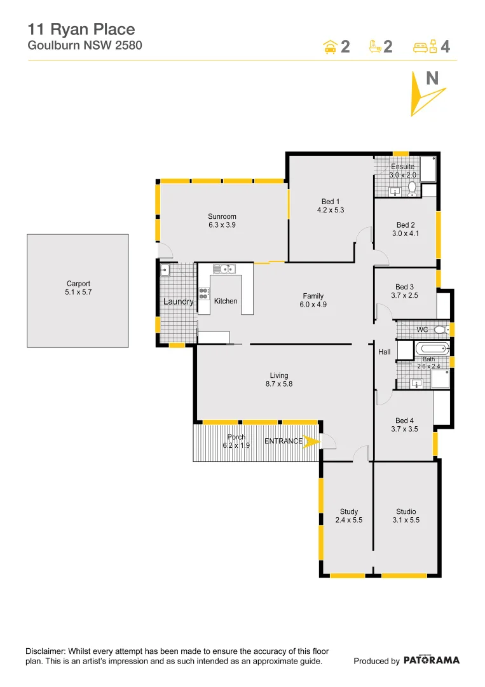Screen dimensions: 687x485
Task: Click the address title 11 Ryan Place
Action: pos(81,29)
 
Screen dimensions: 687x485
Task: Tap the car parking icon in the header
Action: pos(330,46)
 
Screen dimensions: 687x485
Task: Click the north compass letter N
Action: pos(432,78)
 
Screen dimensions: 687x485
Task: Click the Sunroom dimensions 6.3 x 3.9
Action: pos(222,225)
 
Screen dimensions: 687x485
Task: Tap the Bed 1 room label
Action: pos(330,202)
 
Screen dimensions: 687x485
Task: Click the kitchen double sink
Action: pos(224,269)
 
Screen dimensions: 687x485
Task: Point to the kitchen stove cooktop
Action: pos(204,293)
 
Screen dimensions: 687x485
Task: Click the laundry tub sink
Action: pos(165,270)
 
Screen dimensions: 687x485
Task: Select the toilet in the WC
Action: pos(440,330)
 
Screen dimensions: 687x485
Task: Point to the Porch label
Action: pos(236,437)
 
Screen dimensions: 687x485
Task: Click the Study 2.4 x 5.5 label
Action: pos(348,516)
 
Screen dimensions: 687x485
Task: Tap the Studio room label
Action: pos(406,511)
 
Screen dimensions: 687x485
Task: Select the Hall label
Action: pos(385,352)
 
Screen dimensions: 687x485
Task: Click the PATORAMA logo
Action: pos(432,660)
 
